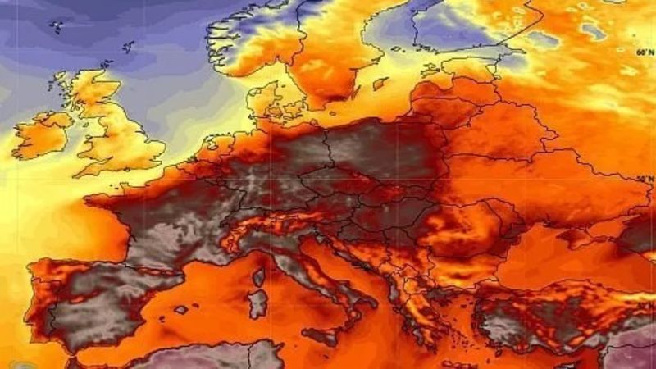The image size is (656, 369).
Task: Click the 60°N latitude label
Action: [645, 52]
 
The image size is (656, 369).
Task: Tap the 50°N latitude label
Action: [645, 178]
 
